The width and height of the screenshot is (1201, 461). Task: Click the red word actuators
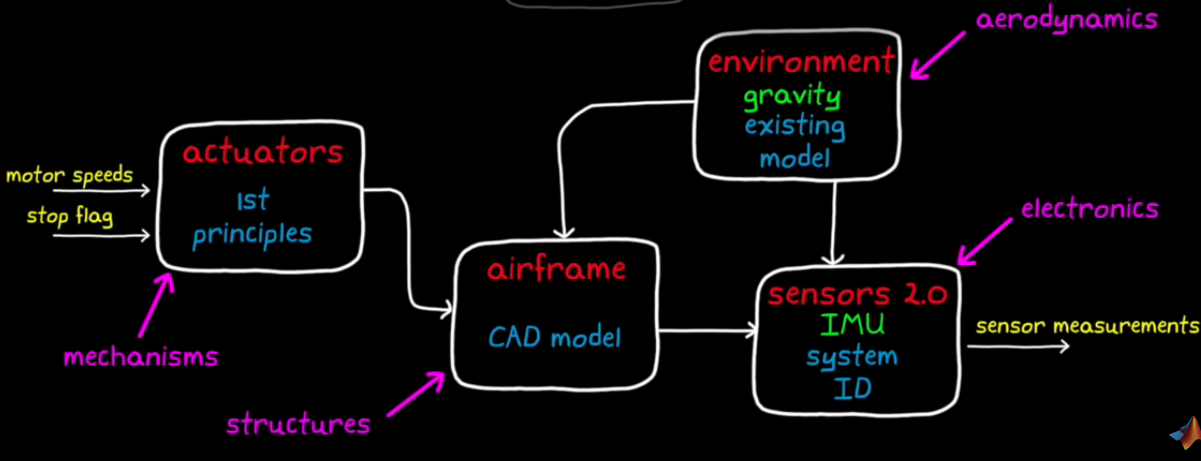(x=262, y=152)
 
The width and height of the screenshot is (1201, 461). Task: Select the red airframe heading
(x=557, y=270)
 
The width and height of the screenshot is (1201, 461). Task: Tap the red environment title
(x=801, y=63)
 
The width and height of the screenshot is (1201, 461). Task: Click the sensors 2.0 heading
(x=858, y=295)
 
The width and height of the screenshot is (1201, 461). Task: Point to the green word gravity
(x=793, y=95)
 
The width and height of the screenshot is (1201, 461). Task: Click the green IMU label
(x=852, y=324)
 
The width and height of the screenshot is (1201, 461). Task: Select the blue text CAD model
(x=555, y=337)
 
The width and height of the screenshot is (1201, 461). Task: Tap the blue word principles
(x=252, y=234)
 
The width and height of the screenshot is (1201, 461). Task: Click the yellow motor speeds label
(x=69, y=175)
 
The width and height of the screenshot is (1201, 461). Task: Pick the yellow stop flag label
(x=69, y=217)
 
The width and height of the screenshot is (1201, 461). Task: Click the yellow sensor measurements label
(x=1087, y=326)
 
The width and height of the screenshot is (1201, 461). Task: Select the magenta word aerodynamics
(x=1066, y=18)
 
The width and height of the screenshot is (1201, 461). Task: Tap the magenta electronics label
(x=1089, y=210)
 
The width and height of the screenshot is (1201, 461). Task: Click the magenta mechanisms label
(x=140, y=357)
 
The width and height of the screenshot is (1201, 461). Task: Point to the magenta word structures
(x=298, y=425)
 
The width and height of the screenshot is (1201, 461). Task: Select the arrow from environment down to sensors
(x=835, y=222)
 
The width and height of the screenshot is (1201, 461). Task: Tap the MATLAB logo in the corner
(x=1183, y=434)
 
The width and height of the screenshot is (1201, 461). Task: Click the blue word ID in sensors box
(x=852, y=389)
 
